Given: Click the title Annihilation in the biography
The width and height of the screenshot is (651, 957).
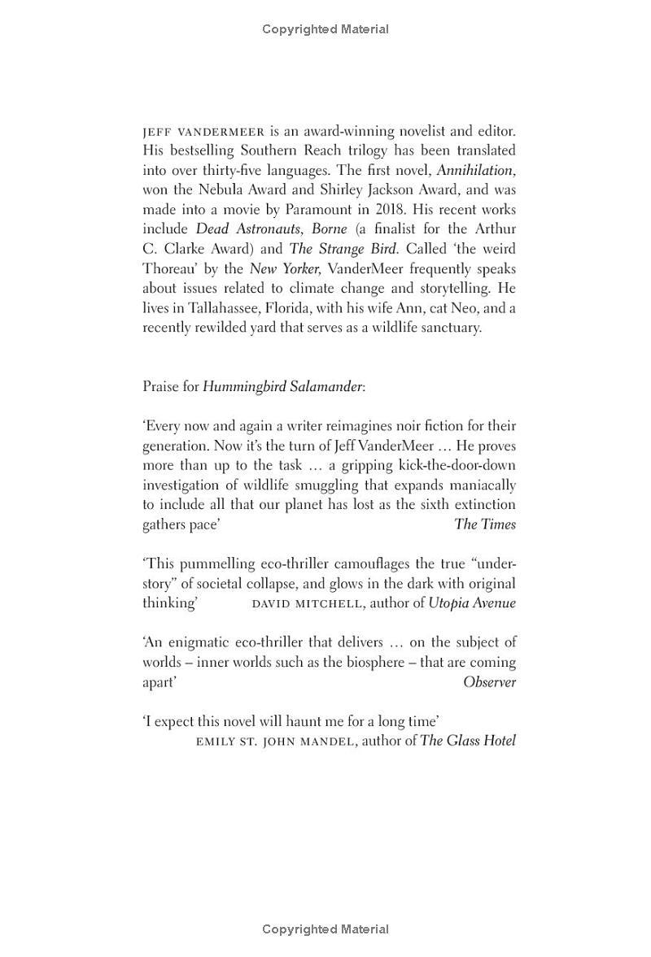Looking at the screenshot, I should coord(475,170).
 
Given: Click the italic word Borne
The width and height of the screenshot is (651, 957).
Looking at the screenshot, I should coord(329,229).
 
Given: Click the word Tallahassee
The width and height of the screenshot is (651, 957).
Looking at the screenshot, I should coord(225,308).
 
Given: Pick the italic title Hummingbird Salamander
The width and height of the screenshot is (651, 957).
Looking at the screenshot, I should coord(282,387).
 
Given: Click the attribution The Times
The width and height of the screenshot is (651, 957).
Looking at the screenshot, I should coord(485,524).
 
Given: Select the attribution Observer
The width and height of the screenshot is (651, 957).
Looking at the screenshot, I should coord(489,682).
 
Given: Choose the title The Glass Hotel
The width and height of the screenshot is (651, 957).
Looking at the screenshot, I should coord(468,741).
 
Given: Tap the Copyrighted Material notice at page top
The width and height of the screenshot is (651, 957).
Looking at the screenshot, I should coord(325,29).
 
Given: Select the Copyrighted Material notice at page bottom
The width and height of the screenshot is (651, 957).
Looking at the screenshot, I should coord(325,929).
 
